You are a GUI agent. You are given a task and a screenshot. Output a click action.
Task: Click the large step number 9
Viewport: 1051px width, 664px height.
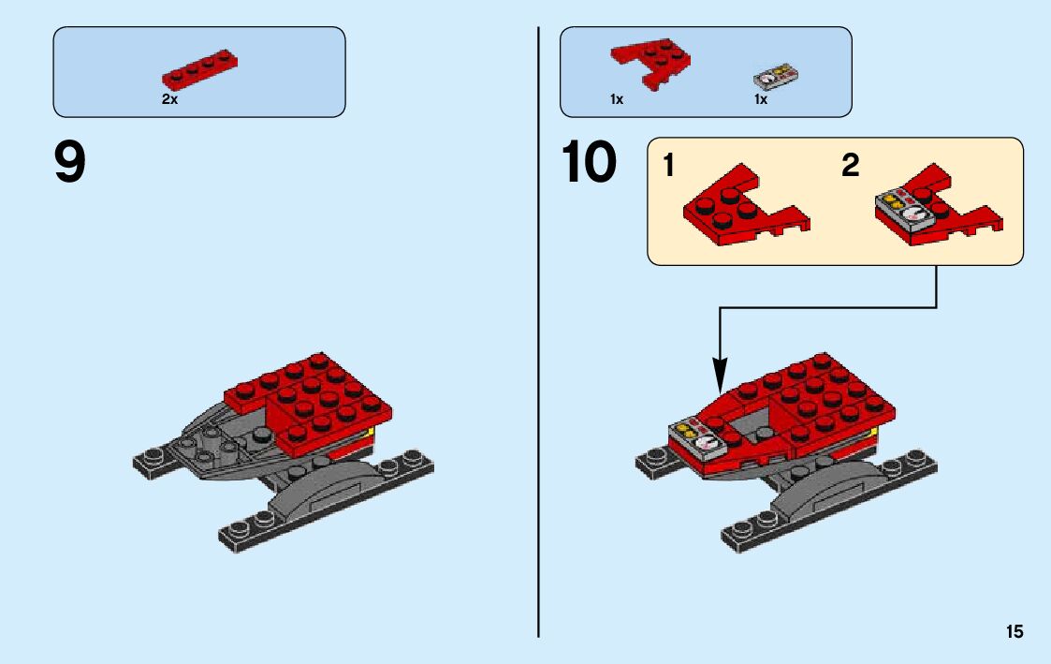pyautogui.click(x=70, y=163)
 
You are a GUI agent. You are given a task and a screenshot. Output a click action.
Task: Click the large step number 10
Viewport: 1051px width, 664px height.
pyautogui.click(x=589, y=163)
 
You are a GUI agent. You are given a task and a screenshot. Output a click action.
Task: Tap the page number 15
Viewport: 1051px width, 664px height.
pyautogui.click(x=1015, y=632)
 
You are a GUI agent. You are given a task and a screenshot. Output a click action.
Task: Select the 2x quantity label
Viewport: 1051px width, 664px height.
pyautogui.click(x=169, y=99)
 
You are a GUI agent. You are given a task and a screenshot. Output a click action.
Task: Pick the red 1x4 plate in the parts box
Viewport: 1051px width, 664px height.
pyautogui.click(x=199, y=69)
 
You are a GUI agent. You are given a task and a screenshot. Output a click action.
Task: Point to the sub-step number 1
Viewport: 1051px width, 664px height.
pyautogui.click(x=668, y=167)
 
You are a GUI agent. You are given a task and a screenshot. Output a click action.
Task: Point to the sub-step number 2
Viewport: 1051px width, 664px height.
pyautogui.click(x=850, y=167)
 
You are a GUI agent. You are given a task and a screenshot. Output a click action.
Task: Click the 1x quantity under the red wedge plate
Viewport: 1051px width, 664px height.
pyautogui.click(x=617, y=99)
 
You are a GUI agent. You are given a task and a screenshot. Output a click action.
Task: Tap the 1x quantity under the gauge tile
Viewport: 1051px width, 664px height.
pyautogui.click(x=761, y=99)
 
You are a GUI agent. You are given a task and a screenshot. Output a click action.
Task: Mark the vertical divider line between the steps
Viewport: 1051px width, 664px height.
pyautogui.click(x=539, y=328)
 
